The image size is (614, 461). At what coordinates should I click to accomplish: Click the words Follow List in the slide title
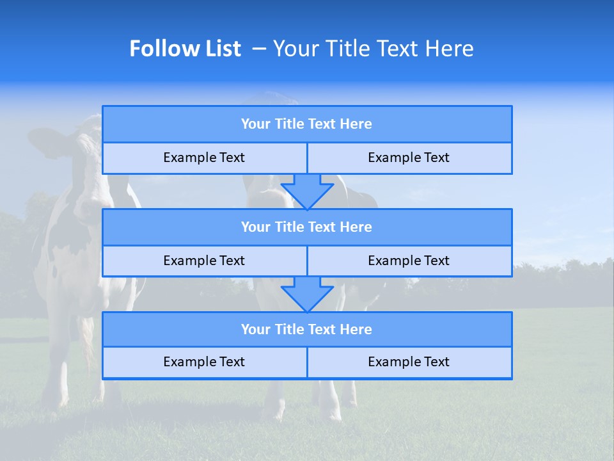[185, 49]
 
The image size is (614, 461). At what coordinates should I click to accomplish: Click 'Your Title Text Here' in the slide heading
[373, 49]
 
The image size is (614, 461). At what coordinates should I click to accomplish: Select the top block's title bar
[307, 124]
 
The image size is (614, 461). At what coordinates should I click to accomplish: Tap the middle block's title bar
[307, 227]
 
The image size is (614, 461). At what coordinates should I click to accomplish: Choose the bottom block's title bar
[307, 330]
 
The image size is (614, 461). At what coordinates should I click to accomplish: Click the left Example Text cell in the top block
[205, 158]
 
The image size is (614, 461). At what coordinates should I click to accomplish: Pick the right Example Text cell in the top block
[409, 158]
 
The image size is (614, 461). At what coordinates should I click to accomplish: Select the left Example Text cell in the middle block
[205, 261]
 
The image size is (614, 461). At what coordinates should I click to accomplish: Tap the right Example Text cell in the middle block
[409, 261]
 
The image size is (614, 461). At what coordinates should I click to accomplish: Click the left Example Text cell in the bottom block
[205, 362]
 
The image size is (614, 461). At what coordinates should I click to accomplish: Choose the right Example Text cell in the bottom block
[409, 362]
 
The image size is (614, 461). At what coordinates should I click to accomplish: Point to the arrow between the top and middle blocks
[307, 191]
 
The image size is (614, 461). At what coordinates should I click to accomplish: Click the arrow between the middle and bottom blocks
[307, 294]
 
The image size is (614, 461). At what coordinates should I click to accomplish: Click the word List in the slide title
[221, 49]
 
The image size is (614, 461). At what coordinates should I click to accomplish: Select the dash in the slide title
[259, 49]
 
